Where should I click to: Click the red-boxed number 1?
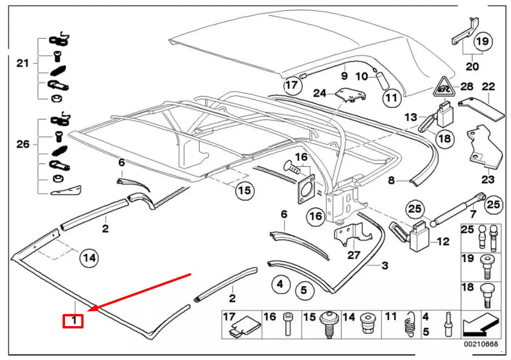(x=73, y=321)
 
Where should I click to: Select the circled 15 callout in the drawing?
(x=245, y=190)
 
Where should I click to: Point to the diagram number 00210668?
(x=482, y=344)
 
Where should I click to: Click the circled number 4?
(x=280, y=283)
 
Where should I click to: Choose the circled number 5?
(x=304, y=291)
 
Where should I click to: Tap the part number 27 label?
(x=354, y=255)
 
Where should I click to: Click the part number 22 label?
(x=488, y=87)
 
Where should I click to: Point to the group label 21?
(x=22, y=63)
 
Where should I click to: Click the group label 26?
(x=22, y=144)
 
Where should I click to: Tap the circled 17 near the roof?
(x=291, y=85)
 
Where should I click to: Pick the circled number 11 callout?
(x=391, y=98)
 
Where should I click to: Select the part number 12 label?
(x=443, y=242)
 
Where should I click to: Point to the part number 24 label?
(x=319, y=93)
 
